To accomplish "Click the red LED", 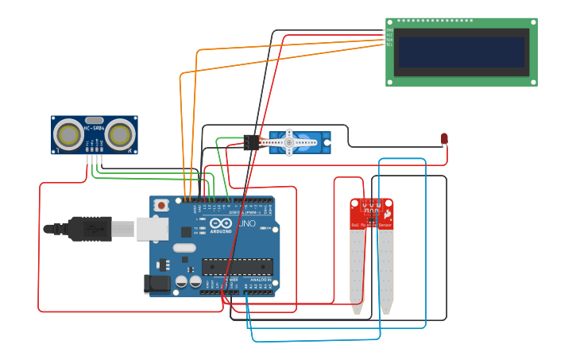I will (x=444, y=139).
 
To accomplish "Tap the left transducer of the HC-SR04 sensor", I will (x=69, y=136).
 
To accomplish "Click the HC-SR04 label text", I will (x=94, y=128).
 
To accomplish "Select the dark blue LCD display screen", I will (x=462, y=52).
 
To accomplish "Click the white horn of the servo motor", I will (x=288, y=142).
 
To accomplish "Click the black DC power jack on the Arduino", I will (x=157, y=283).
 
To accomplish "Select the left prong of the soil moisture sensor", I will (x=357, y=270).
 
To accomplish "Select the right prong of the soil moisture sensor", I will (x=386, y=270).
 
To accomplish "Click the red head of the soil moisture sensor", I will (x=372, y=213).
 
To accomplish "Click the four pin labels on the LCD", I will (x=389, y=38).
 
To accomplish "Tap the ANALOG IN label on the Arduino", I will (x=260, y=280).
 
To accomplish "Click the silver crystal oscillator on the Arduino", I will (x=184, y=247).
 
